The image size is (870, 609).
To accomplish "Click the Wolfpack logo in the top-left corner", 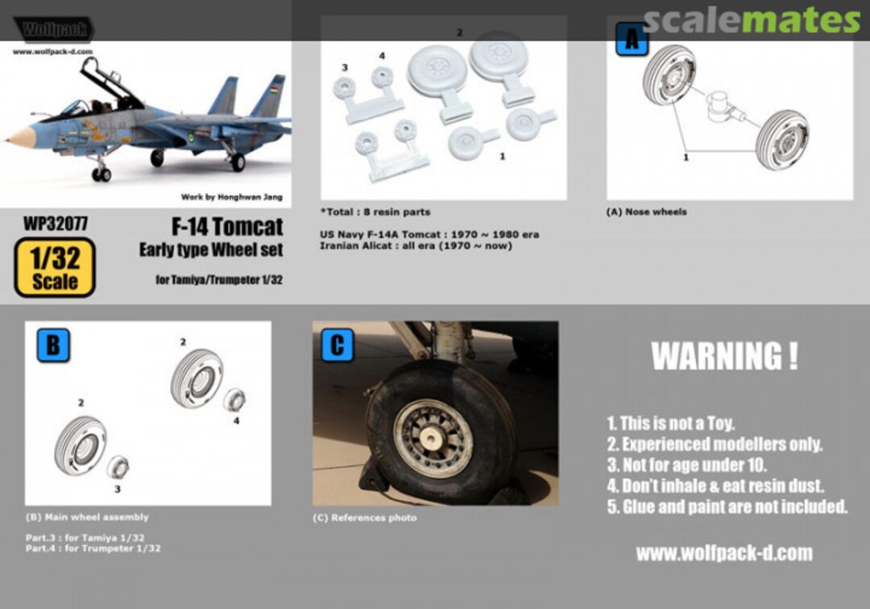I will [x=53, y=31].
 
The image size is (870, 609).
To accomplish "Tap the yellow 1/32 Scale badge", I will [x=55, y=267].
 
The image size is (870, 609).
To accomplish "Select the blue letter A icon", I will [x=632, y=38].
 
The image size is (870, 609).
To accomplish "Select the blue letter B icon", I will [x=52, y=346].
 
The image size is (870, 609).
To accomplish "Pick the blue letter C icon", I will [x=338, y=346].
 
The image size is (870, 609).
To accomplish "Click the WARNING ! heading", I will [x=724, y=356].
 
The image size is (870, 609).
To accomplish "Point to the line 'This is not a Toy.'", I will [x=670, y=423].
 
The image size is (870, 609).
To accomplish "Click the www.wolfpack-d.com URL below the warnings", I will [x=723, y=553].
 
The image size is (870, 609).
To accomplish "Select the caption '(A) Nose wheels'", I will [x=646, y=212].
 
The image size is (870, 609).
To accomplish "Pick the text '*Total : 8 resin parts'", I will [x=375, y=212].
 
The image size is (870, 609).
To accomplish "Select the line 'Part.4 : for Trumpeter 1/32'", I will [x=93, y=549].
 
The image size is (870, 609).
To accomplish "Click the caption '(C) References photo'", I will [x=364, y=518].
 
